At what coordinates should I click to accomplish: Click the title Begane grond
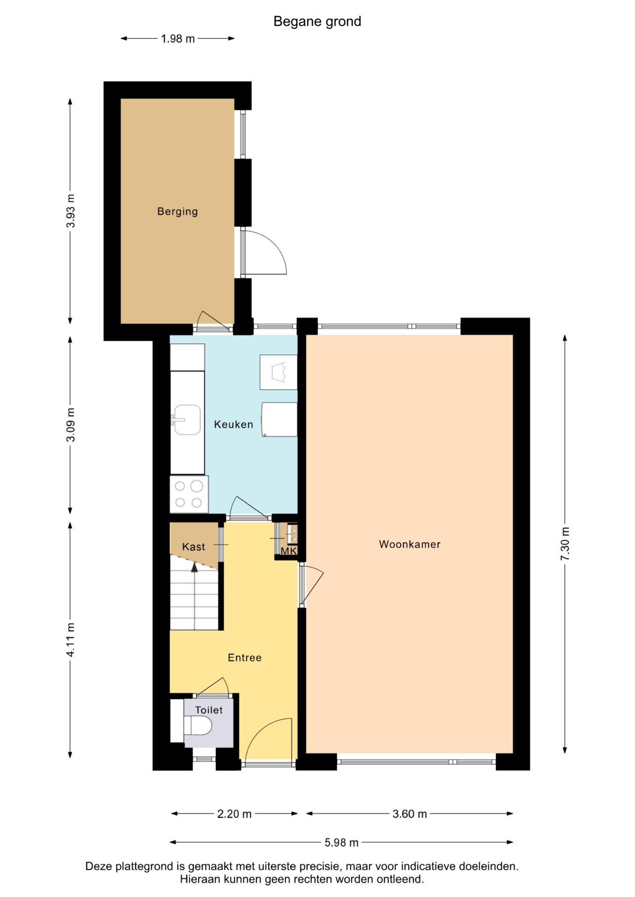[317, 21]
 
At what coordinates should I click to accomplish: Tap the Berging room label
[178, 212]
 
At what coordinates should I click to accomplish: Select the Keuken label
[233, 424]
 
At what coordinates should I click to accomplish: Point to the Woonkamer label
[410, 544]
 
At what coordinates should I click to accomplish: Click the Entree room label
[245, 658]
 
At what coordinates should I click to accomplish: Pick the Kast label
[194, 547]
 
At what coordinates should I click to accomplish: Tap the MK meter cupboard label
[289, 551]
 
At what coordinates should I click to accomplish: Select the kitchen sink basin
[187, 420]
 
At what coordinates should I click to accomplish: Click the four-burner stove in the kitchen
[189, 494]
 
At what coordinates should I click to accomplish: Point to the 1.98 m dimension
[178, 39]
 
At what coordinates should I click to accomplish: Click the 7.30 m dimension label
[565, 544]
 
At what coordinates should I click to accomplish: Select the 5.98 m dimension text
[341, 842]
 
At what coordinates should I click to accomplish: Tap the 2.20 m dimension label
[234, 814]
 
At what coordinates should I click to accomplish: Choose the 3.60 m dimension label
[410, 814]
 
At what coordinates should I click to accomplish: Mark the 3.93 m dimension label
[71, 211]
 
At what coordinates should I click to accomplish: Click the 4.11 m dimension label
[71, 640]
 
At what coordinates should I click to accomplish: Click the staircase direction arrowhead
[195, 567]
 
